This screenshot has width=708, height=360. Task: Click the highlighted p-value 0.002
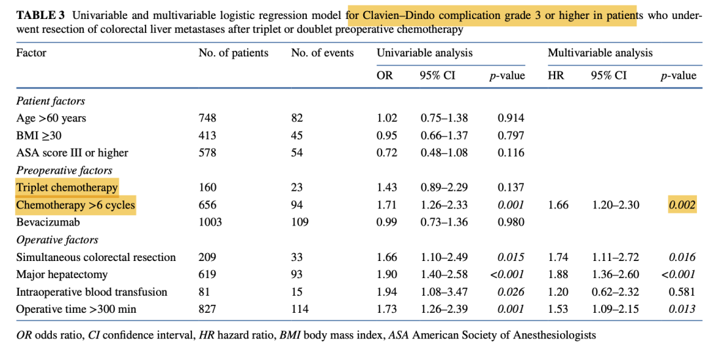(x=682, y=205)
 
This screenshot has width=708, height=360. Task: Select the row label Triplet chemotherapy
(x=67, y=188)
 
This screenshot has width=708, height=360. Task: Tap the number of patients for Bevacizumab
(x=210, y=222)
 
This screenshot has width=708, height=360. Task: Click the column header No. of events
(x=322, y=53)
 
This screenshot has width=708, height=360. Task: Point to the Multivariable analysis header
(x=600, y=53)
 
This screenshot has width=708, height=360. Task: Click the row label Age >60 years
(x=51, y=118)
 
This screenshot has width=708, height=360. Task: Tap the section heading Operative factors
(x=57, y=240)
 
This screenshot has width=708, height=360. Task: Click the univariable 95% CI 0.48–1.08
(x=444, y=153)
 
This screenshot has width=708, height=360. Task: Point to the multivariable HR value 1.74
(x=556, y=257)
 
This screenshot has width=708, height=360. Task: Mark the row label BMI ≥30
(x=39, y=135)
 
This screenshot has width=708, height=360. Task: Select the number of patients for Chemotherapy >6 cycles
(x=207, y=205)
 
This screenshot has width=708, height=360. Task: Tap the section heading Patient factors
(x=50, y=101)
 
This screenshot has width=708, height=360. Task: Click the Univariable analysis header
(x=424, y=53)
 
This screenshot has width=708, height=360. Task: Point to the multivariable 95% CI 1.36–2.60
(x=615, y=275)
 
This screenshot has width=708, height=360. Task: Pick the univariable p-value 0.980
(x=511, y=222)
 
